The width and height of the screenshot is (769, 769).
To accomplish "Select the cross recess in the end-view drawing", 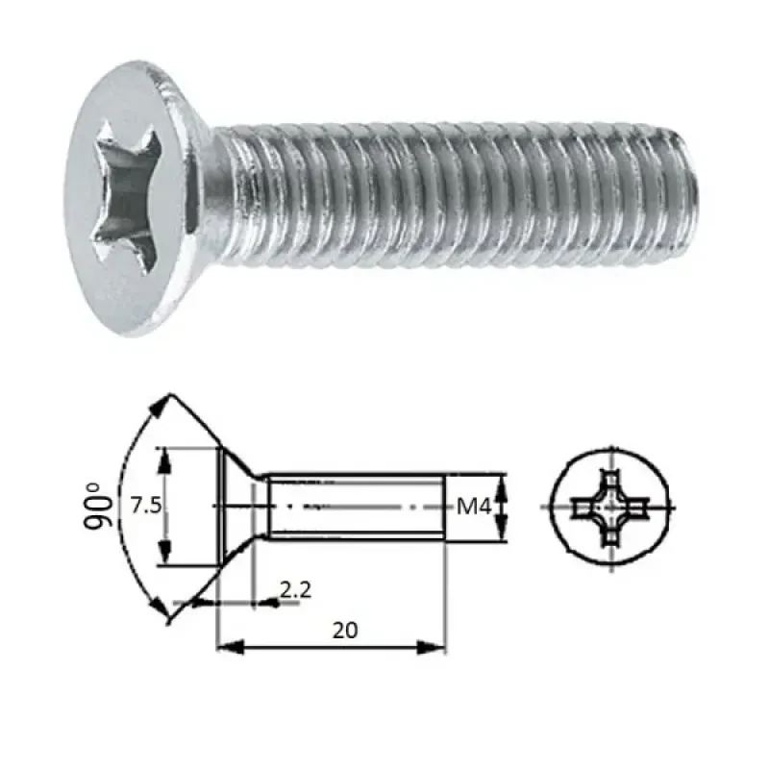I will point(608,507).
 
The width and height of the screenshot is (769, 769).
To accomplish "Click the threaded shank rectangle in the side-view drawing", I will point(356,506).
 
